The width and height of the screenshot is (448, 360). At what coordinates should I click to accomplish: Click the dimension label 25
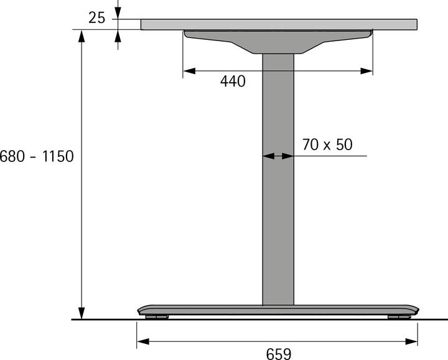(96, 18)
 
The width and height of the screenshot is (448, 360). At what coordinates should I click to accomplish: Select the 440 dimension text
(233, 81)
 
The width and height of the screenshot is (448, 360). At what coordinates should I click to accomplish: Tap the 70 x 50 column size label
(327, 144)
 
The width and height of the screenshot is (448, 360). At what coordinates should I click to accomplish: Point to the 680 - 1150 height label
(37, 156)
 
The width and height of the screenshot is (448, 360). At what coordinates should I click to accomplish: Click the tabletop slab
(279, 24)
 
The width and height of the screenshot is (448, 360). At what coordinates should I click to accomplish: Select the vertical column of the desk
(278, 181)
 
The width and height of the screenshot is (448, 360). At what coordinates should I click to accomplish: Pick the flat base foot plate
(278, 310)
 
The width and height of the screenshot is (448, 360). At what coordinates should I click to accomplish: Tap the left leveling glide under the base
(157, 317)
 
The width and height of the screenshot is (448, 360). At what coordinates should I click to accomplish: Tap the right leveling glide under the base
(398, 317)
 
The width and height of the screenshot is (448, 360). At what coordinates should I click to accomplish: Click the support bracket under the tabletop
(278, 41)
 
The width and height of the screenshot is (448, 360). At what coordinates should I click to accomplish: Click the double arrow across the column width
(278, 156)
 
